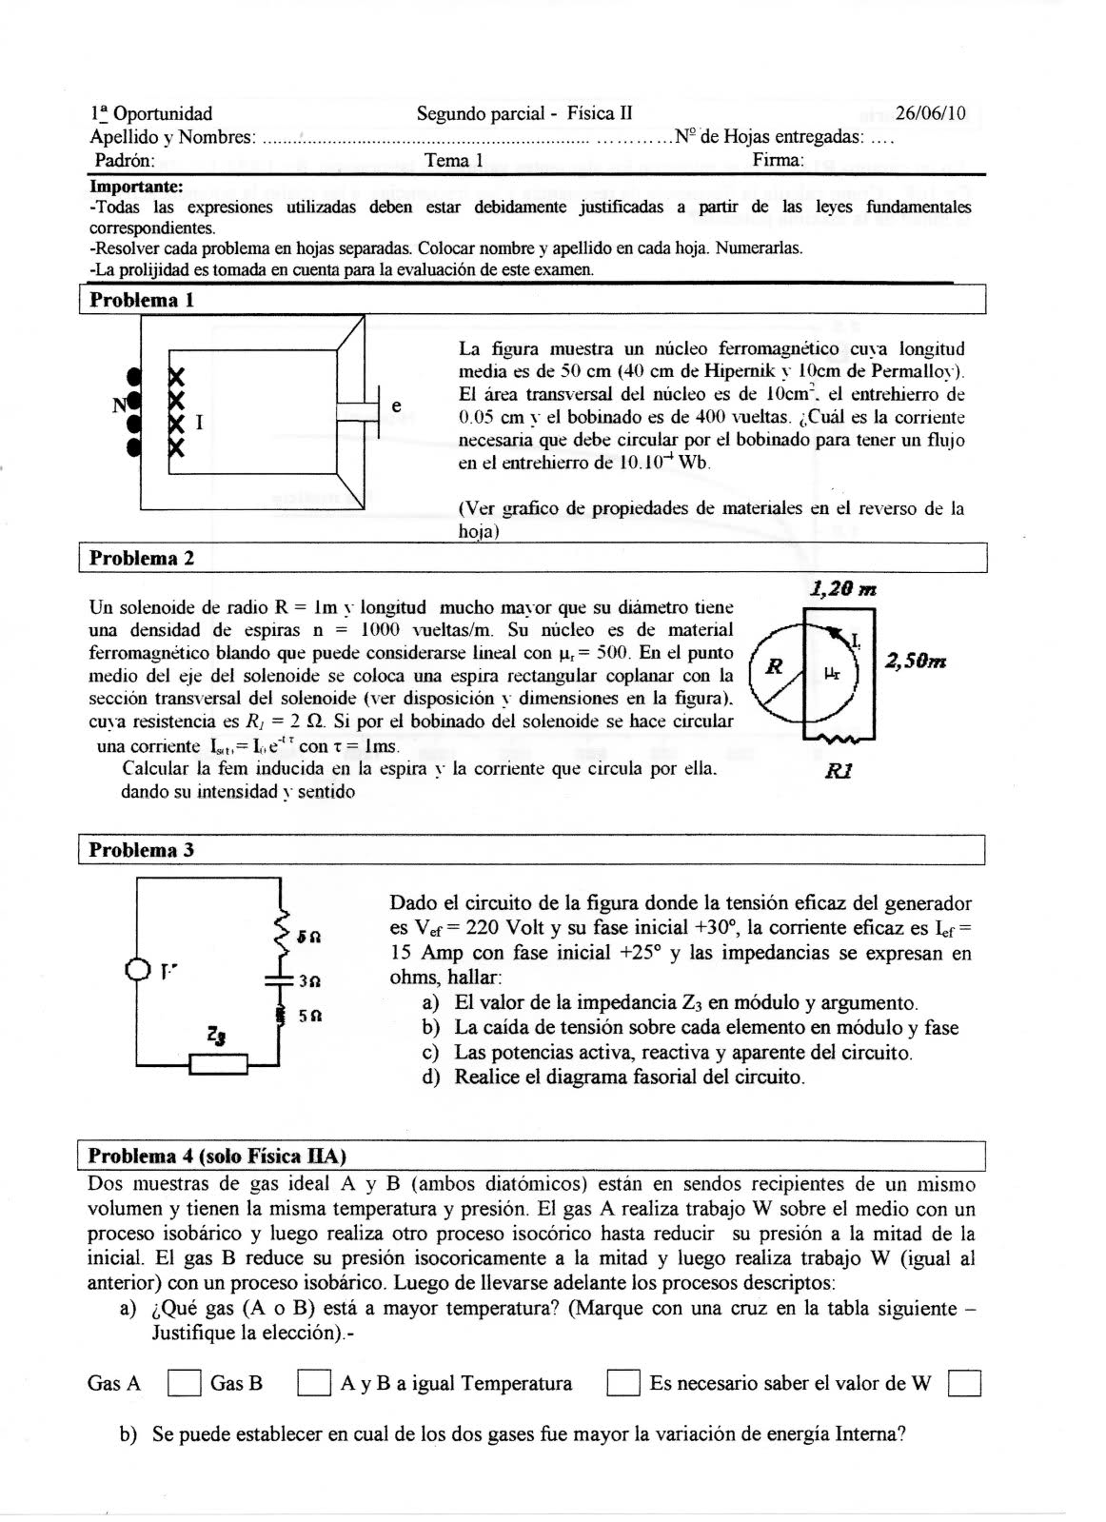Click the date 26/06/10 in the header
pos(930,114)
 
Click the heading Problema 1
pos(141,301)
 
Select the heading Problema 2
pos(141,559)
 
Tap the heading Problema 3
pos(141,850)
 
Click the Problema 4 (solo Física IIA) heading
pos(217,1156)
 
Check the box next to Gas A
pos(184,1383)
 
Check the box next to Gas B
pos(313,1383)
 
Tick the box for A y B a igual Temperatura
pos(622,1383)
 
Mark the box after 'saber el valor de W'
pos(964,1383)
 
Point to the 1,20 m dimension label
pos(842,590)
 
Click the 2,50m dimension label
pos(915,661)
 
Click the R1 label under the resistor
pos(839,770)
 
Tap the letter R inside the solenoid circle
pos(775,667)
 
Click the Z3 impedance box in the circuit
pos(219,1063)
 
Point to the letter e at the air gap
pos(396,405)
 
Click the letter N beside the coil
pos(120,404)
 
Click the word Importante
pos(136,188)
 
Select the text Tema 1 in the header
pos(454,160)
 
